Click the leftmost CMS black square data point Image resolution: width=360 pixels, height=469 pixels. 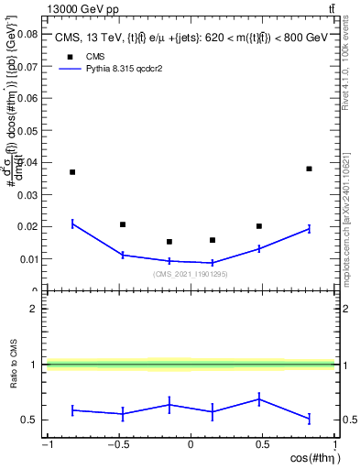pos(72,172)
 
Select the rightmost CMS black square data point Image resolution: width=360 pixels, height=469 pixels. pos(310,169)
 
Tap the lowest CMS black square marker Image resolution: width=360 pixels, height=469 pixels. pos(169,242)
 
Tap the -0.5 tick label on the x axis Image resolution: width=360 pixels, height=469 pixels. pos(117,445)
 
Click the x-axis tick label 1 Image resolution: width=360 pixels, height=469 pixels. pos(334,445)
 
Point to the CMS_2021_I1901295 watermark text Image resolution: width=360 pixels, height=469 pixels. pos(190,274)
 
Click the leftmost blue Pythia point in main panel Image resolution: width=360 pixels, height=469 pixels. pos(72,224)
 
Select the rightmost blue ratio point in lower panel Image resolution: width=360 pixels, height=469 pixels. pos(310,419)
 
